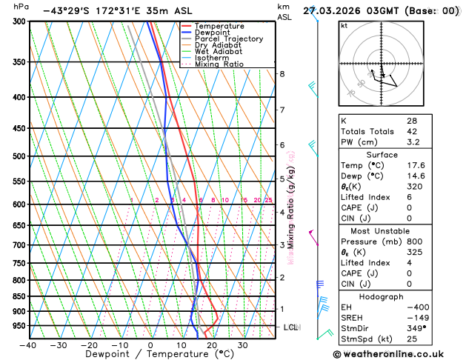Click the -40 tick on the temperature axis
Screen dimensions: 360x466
pos(28,345)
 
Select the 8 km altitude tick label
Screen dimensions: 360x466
pos(282,74)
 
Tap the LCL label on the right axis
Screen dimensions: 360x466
pos(290,327)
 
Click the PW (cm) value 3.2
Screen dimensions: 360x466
pos(413,141)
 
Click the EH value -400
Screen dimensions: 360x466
pos(414,307)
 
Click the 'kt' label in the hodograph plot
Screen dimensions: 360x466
pos(344,25)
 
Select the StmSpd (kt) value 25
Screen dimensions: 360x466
pos(412,339)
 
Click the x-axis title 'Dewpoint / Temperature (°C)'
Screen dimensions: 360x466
pos(151,354)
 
